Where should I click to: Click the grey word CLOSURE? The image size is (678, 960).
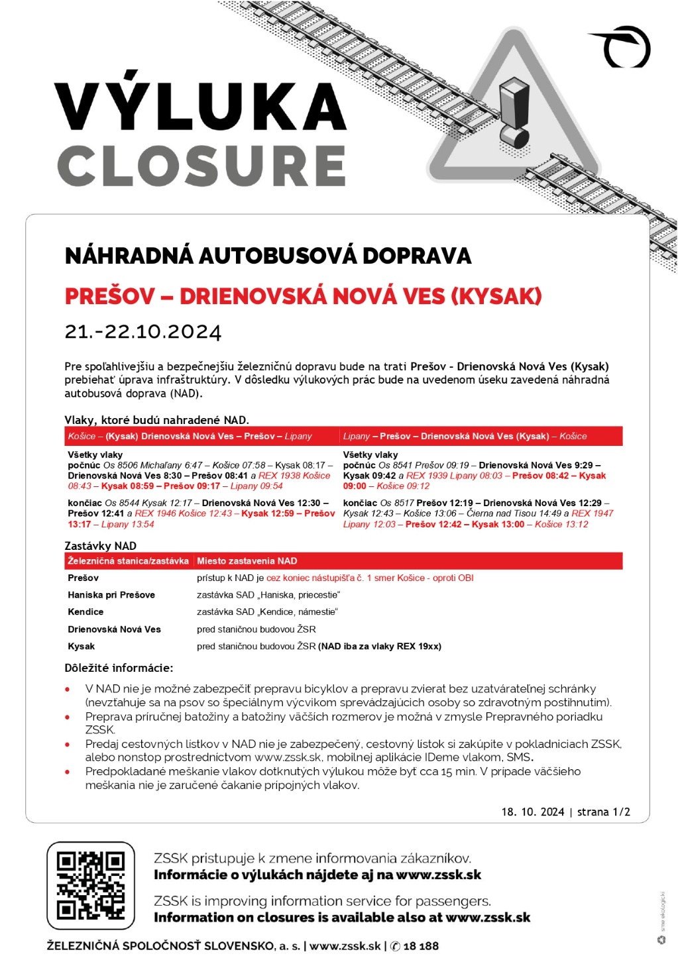[x=201, y=166]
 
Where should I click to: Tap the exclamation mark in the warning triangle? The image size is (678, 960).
[x=514, y=113]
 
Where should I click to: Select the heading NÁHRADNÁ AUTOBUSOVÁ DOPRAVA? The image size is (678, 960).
[x=268, y=256]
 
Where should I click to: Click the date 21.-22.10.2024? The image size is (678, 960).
[x=142, y=331]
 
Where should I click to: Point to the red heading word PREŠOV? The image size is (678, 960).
[x=110, y=296]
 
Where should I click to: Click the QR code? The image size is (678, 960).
[x=91, y=885]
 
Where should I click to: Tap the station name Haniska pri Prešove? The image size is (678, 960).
[x=111, y=595]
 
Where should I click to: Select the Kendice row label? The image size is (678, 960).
[x=85, y=612]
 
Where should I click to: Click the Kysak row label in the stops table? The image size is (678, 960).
[x=82, y=646]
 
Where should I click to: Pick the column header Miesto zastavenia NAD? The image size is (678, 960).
[x=247, y=560]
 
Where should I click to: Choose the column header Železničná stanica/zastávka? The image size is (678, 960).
[x=128, y=560]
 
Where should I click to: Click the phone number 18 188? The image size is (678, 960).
[x=421, y=946]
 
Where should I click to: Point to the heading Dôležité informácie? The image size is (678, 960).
[x=119, y=668]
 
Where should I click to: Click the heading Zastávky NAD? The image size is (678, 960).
[x=100, y=546]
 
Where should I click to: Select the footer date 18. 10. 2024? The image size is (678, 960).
[x=533, y=812]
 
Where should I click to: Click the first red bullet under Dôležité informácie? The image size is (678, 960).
[x=68, y=689]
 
